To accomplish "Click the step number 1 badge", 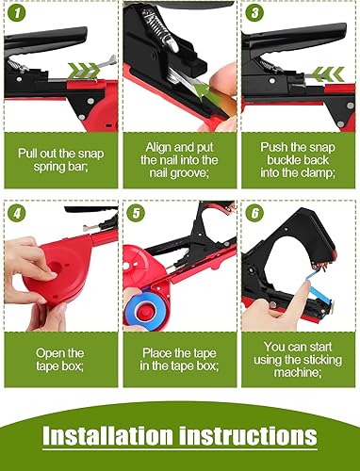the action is pos(16,13).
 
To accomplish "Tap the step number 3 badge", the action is pos(254,13).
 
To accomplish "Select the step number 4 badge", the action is pos(16,214).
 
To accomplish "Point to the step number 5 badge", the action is pos(136,214).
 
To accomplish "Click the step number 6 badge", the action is pos(254,214).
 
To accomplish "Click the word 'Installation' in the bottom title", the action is pos(107,435).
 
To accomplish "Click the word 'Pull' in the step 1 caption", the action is pos(25,154).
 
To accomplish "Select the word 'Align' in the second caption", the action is pos(157,147).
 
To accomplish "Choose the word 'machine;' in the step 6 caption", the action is pos(298,373).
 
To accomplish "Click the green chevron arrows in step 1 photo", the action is pos(84,71).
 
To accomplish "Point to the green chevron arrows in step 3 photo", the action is pos(328,74).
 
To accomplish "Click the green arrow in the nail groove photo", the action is pos(205,91).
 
